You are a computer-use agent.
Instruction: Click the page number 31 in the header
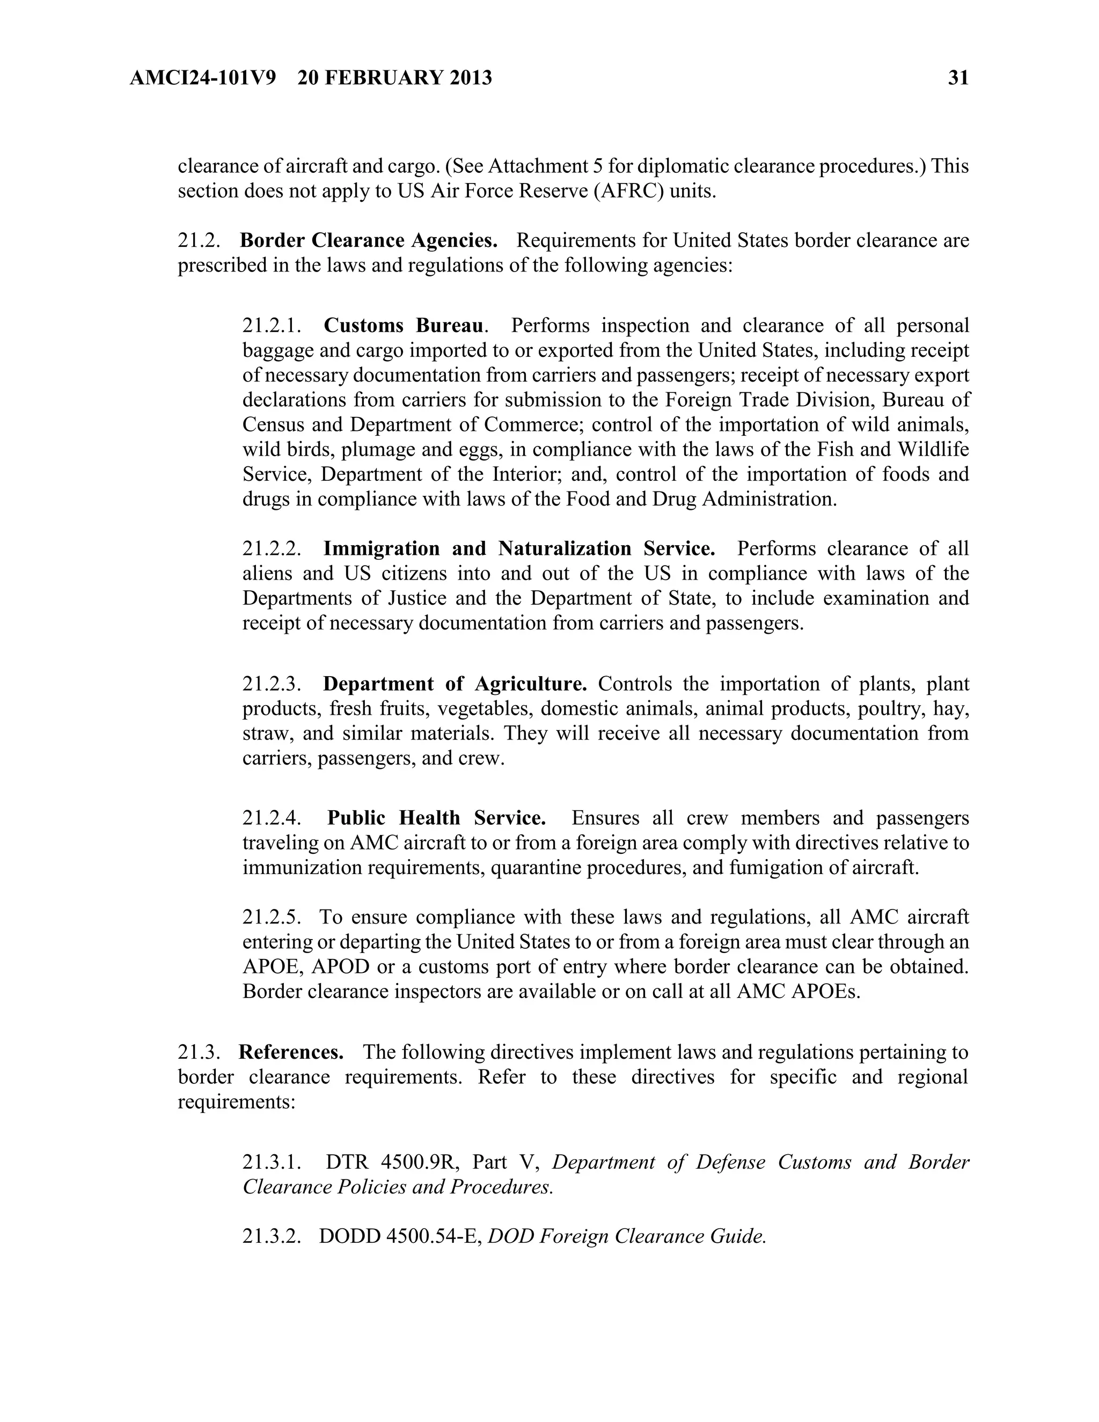[958, 78]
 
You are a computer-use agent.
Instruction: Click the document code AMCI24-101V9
[202, 78]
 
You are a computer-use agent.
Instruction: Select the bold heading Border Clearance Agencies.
[369, 240]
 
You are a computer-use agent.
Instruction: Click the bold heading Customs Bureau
[404, 325]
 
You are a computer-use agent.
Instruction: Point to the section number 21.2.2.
[272, 548]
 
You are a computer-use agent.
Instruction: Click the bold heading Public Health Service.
[436, 818]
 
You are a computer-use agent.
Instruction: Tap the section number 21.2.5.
[272, 917]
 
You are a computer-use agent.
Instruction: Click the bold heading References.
[291, 1052]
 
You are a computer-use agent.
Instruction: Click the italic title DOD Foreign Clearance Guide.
[626, 1236]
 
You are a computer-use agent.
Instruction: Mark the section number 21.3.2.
[272, 1236]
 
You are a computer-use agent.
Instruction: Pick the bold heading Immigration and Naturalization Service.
[519, 548]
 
